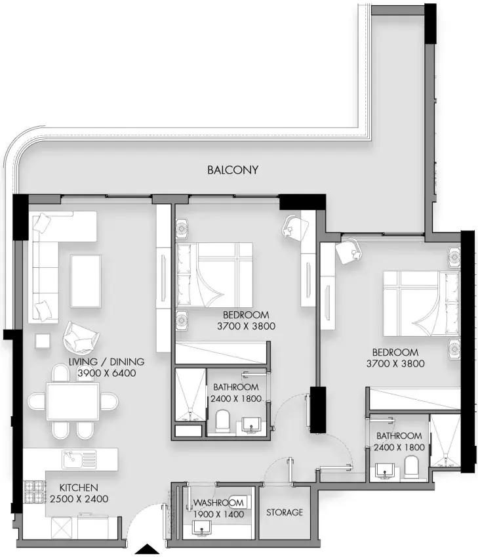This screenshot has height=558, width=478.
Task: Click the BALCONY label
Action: tap(232, 170)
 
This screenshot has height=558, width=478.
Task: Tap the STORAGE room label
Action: tap(285, 512)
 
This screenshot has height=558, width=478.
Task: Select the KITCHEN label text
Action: tap(79, 487)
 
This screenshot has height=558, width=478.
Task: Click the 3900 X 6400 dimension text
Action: tap(107, 373)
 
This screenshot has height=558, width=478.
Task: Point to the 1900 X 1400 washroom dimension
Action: tap(218, 514)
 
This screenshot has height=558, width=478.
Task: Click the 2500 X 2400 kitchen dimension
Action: tap(79, 499)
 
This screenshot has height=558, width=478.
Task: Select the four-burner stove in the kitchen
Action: tap(35, 492)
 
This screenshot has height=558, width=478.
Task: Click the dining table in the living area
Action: tap(73, 401)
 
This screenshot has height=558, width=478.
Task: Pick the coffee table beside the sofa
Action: tap(86, 281)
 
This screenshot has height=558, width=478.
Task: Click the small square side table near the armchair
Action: tap(43, 341)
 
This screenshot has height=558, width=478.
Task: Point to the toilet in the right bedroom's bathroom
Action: tap(412, 467)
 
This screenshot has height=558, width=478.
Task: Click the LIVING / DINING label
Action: tap(107, 362)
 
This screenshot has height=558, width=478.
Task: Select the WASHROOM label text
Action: tap(218, 503)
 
